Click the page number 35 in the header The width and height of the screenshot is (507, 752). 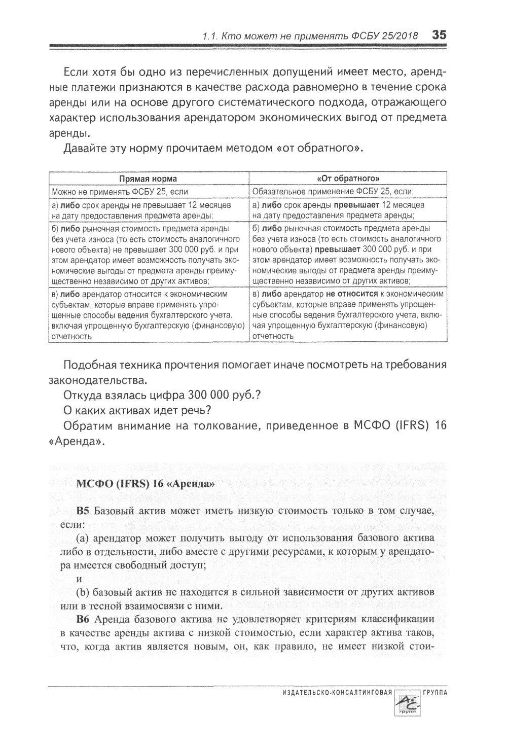[x=439, y=35]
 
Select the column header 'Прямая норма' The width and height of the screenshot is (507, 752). [x=148, y=179]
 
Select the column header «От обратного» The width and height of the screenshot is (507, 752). [x=348, y=179]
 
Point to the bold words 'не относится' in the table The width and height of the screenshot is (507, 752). [x=352, y=294]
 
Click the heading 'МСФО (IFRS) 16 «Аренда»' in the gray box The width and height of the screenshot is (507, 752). [x=146, y=483]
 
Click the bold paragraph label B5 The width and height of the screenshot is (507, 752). [x=83, y=511]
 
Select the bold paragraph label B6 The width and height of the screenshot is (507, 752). [x=83, y=619]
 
